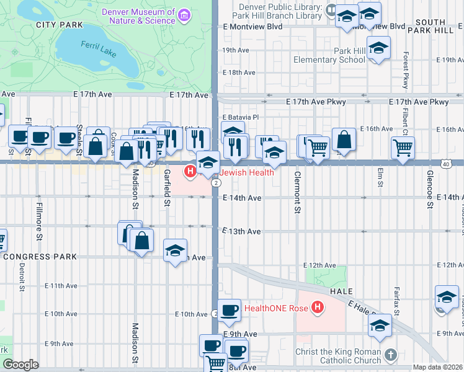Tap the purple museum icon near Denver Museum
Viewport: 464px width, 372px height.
pos(184,14)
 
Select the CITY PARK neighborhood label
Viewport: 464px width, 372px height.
pos(59,25)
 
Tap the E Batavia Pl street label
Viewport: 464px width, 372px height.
pos(239,117)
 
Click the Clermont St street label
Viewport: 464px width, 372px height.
pos(297,192)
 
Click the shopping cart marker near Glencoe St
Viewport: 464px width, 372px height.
pos(403,148)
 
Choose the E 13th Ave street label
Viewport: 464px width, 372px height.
pos(241,231)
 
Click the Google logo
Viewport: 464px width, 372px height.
pos(20,365)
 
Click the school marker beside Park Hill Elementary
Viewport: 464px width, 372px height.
pos(378,48)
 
